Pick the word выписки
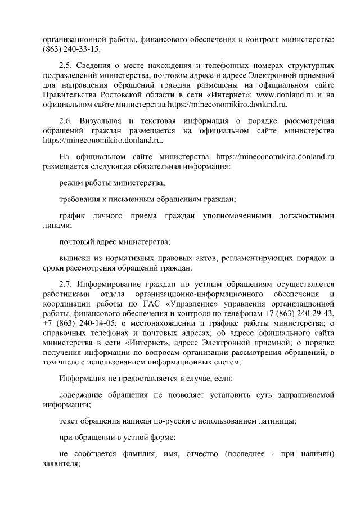tap(75, 258)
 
